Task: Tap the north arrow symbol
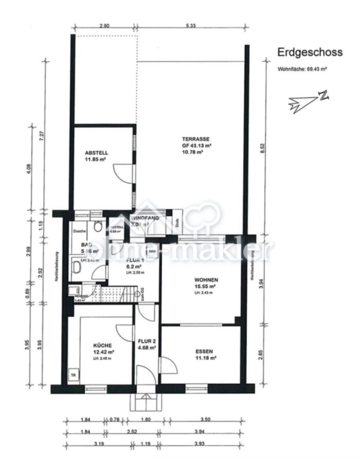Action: click(308, 100)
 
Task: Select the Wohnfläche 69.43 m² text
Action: click(303, 68)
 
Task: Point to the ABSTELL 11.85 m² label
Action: click(96, 156)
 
